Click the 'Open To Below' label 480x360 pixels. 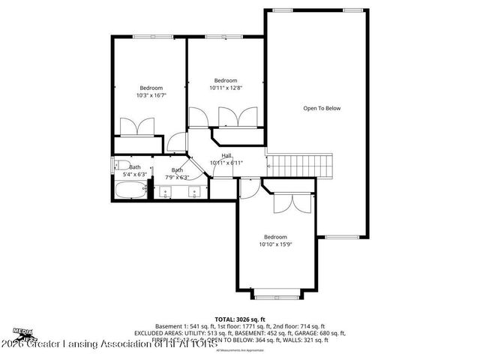[x=322, y=109]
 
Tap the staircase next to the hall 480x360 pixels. [x=300, y=163]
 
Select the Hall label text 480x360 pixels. [x=226, y=155]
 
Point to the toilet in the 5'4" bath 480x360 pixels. [x=118, y=166]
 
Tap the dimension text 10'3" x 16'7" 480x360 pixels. [x=151, y=95]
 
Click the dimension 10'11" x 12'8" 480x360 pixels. [x=225, y=88]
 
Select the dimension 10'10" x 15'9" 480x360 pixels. [x=275, y=244]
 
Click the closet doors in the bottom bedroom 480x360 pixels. [x=286, y=202]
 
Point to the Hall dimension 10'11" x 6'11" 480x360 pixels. [x=226, y=162]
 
